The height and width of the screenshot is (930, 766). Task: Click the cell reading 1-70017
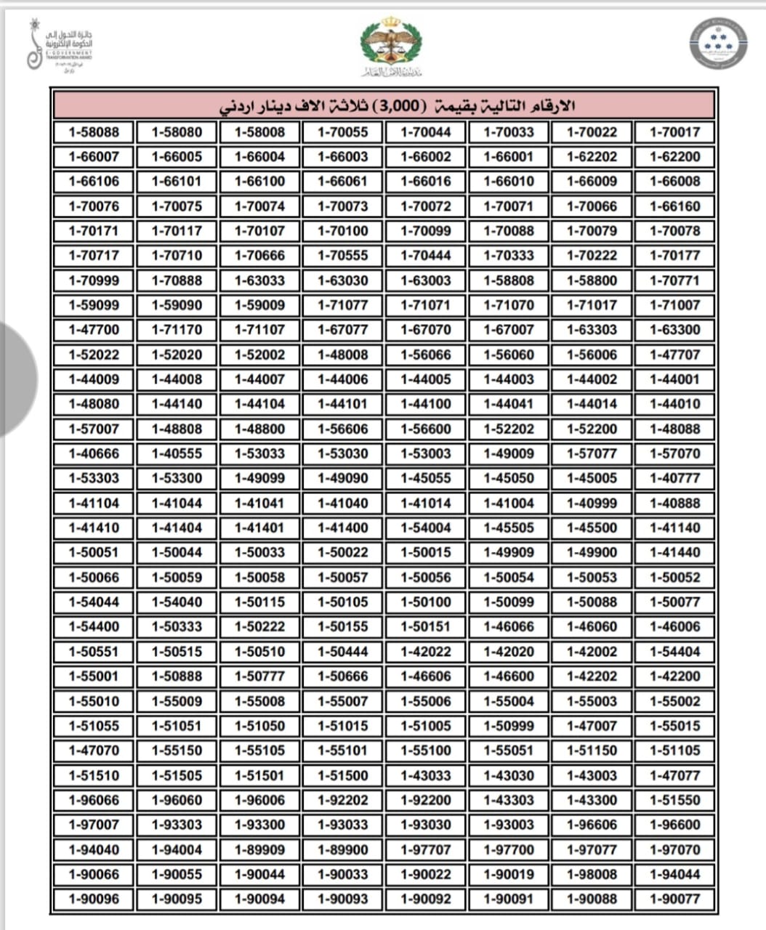coord(674,132)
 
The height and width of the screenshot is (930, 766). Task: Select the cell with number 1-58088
coord(94,132)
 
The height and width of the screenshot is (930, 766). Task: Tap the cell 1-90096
coord(94,899)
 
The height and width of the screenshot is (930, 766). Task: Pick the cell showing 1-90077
coord(674,899)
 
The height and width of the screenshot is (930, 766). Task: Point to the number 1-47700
coord(94,330)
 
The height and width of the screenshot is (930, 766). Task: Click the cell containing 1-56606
coord(343,429)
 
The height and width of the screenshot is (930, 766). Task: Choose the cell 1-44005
coord(426,379)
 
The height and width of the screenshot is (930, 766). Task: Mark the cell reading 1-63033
coord(260,280)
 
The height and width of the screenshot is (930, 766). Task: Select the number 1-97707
coord(426,849)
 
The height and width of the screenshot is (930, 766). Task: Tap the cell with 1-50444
coord(343,652)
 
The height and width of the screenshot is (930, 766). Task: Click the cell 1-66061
coord(343,182)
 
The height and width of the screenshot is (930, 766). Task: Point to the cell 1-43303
coord(509,800)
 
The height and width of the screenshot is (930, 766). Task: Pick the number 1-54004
coord(426,527)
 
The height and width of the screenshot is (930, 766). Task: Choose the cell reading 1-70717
coord(94,256)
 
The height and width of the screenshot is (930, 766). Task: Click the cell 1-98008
coord(592,874)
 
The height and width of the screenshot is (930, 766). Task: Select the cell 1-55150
coord(177,751)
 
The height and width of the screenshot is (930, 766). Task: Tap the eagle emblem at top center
coord(390,44)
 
